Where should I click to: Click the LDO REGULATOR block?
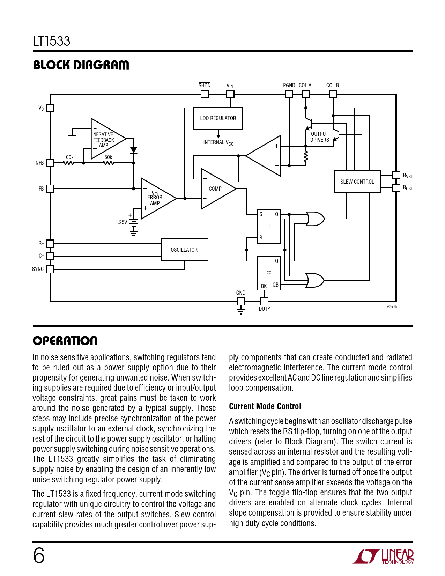coord(218,118)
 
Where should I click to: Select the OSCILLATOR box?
coord(184,250)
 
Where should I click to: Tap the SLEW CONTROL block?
coord(357,182)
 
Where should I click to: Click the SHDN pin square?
coord(205,94)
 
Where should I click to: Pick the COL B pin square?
coord(333,94)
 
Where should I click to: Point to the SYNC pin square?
coord(50,269)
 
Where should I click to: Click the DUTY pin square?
coord(264,301)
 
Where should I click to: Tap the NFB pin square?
coord(50,163)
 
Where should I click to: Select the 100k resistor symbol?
coord(68,163)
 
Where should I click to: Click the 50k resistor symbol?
coord(109,163)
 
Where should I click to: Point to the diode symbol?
coord(133,150)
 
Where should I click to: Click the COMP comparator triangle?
coord(216,189)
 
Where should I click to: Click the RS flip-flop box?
coord(268,226)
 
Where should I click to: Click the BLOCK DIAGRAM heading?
coord(81,65)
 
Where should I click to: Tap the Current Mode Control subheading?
coord(265,406)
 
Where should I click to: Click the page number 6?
coord(39,555)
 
